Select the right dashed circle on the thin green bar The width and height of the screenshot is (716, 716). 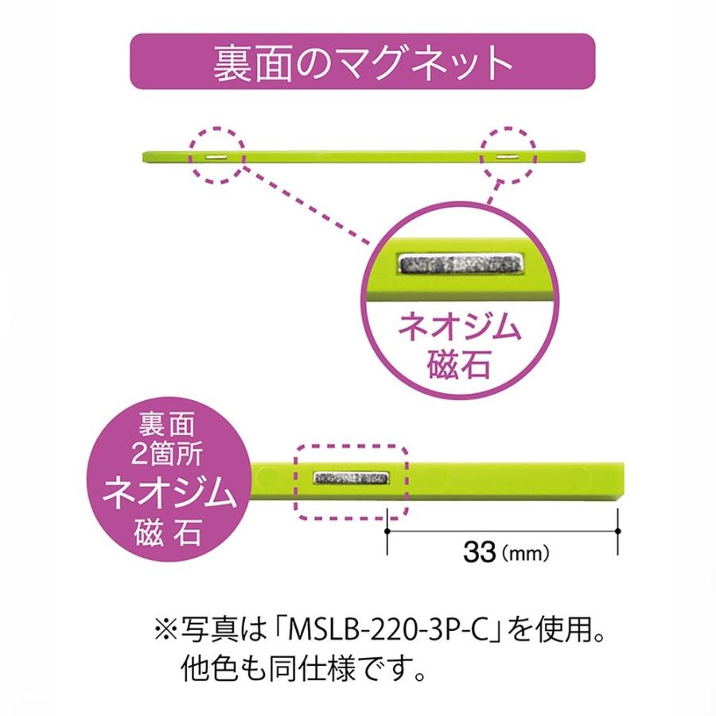tap(505, 155)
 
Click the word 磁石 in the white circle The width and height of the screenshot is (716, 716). tap(461, 366)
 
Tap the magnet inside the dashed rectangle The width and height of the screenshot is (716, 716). tap(352, 478)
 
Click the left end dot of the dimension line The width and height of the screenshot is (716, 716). tap(386, 530)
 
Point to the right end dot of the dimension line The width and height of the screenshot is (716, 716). tap(618, 530)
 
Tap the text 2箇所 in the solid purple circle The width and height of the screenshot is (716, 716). tap(169, 455)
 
